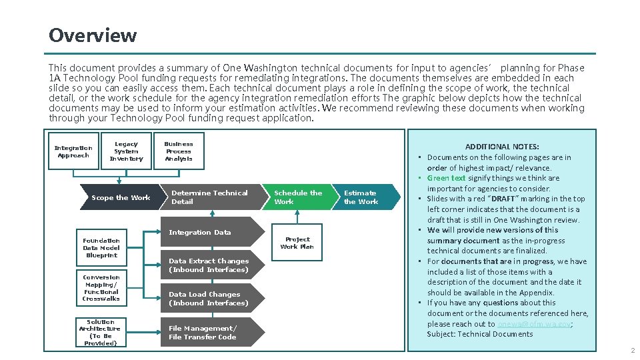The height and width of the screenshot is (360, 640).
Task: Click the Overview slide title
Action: pos(93,35)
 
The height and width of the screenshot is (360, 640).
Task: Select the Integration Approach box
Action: pos(73,152)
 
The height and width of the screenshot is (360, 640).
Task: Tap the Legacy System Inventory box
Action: pos(126,151)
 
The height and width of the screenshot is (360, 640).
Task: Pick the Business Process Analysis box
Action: pos(179,151)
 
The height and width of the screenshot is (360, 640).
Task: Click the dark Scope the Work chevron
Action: pos(120,197)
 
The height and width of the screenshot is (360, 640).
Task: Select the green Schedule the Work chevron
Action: pos(297,197)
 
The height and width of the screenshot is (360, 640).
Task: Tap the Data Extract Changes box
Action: pos(209,265)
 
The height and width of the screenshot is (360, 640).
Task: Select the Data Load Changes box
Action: pos(209,299)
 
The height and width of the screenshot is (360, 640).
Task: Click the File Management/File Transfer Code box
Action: pos(203,333)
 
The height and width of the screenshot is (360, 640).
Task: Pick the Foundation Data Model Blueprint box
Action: pos(101,248)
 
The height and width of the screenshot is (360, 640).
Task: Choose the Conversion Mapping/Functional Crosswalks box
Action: pos(101,288)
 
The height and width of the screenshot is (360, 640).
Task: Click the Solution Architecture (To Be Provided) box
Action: pos(100,333)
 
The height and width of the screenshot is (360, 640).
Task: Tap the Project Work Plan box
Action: pos(297,243)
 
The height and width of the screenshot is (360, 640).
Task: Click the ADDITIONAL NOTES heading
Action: pos(502,147)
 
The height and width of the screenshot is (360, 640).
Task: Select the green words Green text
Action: pos(446,178)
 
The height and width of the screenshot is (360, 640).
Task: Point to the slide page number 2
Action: pos(632,351)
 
